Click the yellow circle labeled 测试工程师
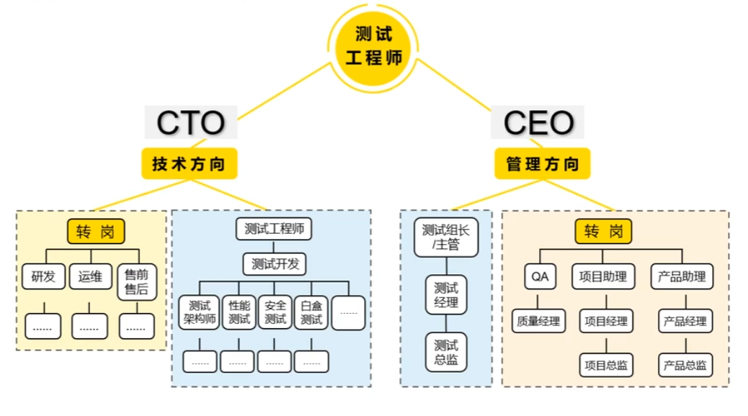click(x=373, y=46)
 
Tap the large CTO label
click(x=190, y=123)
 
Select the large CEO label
click(x=538, y=123)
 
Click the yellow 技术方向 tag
click(x=189, y=164)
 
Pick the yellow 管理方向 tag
click(x=542, y=164)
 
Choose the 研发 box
click(x=43, y=276)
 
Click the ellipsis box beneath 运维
click(x=89, y=327)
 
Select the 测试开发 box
click(x=275, y=264)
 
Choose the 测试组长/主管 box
click(x=446, y=238)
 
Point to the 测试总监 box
click(x=446, y=352)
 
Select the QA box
click(x=540, y=276)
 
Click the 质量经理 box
click(x=538, y=321)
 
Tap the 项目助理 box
click(x=604, y=276)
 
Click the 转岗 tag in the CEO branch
click(x=604, y=232)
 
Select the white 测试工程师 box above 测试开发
click(x=275, y=230)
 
